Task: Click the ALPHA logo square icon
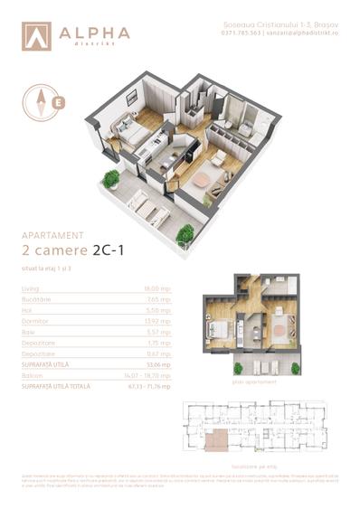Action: (36, 35)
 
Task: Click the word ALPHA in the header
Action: (94, 32)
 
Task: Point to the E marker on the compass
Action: (59, 101)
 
